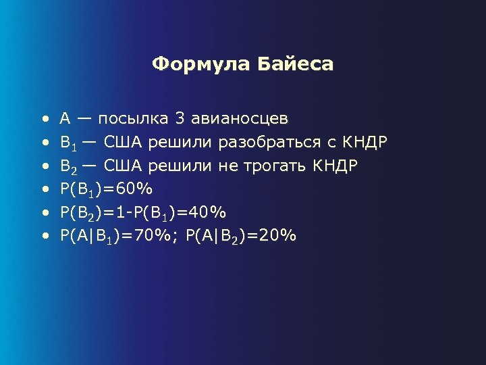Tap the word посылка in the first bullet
134,119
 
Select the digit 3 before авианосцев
180,119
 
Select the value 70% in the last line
154,236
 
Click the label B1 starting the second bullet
67,143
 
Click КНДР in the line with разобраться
364,143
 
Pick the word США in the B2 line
124,166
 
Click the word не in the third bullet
226,166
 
